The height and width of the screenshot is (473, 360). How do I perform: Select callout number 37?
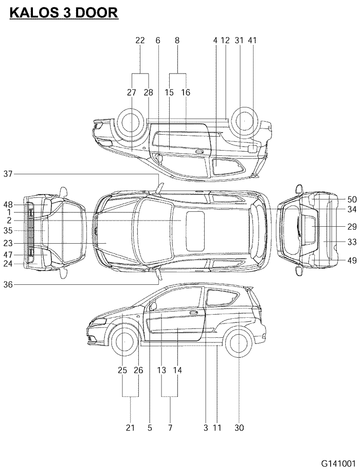(8, 174)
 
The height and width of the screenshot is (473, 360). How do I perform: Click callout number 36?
(8, 284)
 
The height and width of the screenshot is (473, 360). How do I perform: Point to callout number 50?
(352, 199)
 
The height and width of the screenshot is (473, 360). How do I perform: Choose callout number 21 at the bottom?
(130, 427)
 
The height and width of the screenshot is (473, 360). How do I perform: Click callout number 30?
(239, 427)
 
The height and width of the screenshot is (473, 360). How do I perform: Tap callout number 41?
(252, 40)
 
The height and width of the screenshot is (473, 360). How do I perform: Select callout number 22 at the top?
(140, 40)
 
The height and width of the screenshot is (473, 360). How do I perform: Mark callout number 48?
(8, 203)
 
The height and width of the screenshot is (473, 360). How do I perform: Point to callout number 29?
(352, 226)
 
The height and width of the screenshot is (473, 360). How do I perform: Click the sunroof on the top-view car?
(194, 230)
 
